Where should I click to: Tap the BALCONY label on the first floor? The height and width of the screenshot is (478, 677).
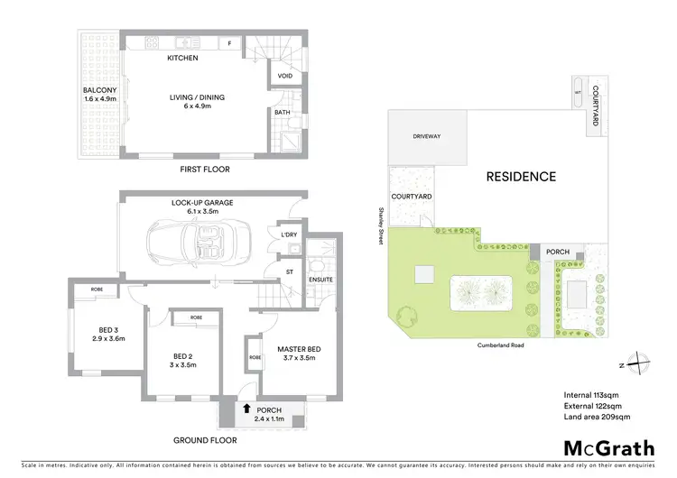pyautogui.click(x=98, y=90)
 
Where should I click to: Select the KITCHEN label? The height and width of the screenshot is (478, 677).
pyautogui.click(x=182, y=59)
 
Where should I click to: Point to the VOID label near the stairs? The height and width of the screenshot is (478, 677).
pyautogui.click(x=284, y=77)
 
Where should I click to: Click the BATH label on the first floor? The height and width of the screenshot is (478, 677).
pyautogui.click(x=282, y=113)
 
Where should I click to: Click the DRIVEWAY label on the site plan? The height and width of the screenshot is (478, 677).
pyautogui.click(x=427, y=136)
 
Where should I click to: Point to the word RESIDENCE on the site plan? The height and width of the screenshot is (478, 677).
pyautogui.click(x=521, y=177)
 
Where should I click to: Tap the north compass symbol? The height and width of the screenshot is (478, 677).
pyautogui.click(x=636, y=363)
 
